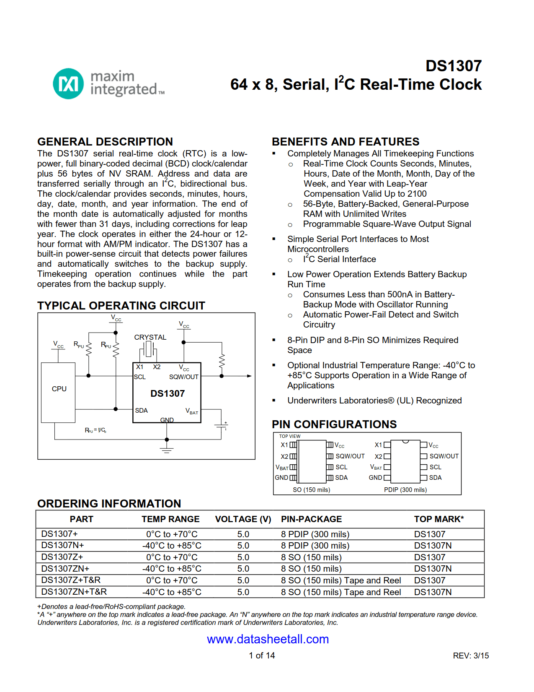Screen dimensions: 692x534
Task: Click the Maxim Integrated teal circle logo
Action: pos(68,83)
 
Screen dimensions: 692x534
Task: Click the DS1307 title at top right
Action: pos(453,66)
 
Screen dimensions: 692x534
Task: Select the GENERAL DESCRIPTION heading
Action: pos(105,142)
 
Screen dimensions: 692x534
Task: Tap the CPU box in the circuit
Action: pos(59,389)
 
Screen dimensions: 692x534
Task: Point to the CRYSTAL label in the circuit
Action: pos(150,337)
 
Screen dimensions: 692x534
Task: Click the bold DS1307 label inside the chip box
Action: pos(168,393)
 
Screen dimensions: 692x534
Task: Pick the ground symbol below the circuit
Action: pos(167,450)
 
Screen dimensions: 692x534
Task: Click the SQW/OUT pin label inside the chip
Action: pos(183,377)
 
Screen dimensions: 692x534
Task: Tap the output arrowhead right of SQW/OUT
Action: pos(249,376)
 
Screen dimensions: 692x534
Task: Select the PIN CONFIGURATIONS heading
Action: pos(334,424)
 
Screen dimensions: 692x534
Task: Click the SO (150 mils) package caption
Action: pos(311,490)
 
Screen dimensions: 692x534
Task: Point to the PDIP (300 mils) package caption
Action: pos(405,490)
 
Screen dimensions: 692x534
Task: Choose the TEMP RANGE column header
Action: pos(170,519)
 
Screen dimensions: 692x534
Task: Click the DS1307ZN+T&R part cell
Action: pos(74,592)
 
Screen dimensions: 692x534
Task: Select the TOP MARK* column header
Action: pos(439,519)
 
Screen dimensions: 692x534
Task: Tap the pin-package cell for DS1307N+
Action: pos(315,546)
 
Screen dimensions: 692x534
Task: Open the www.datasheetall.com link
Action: pos(268,639)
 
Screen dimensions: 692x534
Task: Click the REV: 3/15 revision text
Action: pos(470,656)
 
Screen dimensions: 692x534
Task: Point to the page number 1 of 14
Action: pos(262,656)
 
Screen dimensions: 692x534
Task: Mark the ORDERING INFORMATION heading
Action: pos(109,504)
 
